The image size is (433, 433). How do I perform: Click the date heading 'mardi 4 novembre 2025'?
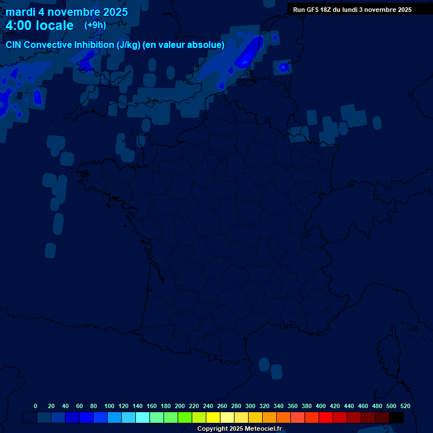(x=67, y=12)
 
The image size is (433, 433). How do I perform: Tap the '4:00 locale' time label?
(x=39, y=26)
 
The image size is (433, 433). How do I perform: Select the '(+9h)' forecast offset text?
(x=95, y=25)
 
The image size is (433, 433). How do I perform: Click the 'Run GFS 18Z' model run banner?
(x=352, y=10)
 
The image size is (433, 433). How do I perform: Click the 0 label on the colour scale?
(x=36, y=406)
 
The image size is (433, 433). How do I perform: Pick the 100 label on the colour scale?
(x=109, y=406)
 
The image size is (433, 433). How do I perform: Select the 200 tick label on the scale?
(x=180, y=406)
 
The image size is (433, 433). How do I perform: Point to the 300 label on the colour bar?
(x=250, y=406)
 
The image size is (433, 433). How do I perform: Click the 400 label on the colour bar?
(x=321, y=406)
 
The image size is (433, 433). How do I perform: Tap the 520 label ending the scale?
(x=405, y=406)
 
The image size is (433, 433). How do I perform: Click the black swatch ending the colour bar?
(x=396, y=417)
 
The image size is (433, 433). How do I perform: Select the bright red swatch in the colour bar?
(x=326, y=417)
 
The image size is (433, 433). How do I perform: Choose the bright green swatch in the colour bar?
(x=185, y=417)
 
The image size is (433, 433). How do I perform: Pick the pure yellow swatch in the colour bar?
(x=213, y=417)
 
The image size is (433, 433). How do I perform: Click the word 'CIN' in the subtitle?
(x=14, y=45)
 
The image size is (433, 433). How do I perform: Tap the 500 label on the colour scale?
(x=391, y=406)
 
